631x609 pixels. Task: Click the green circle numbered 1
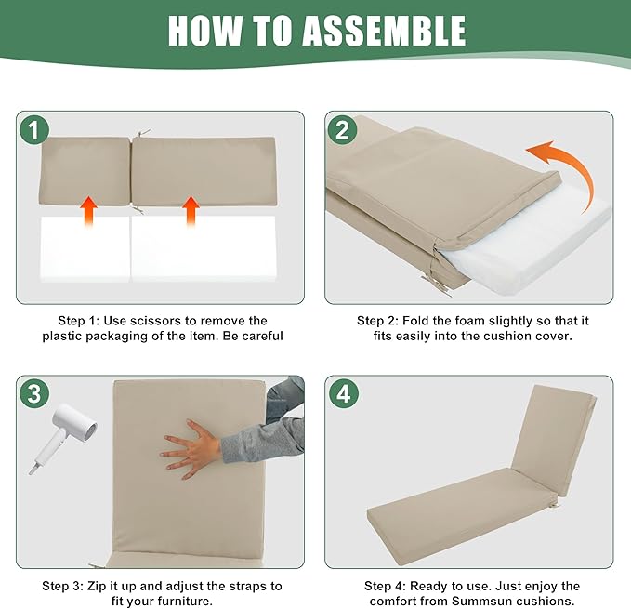click(x=34, y=130)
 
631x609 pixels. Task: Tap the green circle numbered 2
click(x=343, y=130)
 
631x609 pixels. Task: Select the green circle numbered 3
click(x=34, y=393)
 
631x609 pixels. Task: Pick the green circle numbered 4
click(x=343, y=394)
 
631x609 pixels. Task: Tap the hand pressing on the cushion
click(x=191, y=449)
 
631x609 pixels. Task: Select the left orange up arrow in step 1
click(x=88, y=212)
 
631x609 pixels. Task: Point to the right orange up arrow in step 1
click(x=191, y=212)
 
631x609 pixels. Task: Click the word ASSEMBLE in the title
click(x=384, y=31)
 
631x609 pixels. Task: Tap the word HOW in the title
click(x=205, y=31)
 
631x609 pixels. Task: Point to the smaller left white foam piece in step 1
click(x=85, y=249)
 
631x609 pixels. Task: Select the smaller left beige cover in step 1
click(x=85, y=171)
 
